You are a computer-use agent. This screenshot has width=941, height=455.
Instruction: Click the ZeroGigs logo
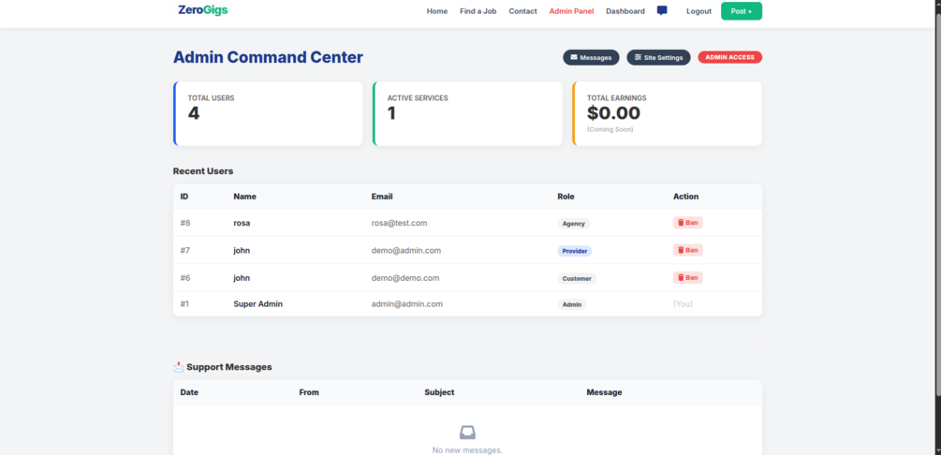202,10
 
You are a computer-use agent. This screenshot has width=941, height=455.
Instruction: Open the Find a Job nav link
478,11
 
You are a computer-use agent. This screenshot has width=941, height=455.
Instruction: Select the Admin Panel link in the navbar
571,11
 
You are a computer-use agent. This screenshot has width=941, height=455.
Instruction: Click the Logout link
698,11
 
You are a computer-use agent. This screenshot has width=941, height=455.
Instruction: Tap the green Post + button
741,11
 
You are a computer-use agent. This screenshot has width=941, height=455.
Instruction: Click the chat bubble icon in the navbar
662,10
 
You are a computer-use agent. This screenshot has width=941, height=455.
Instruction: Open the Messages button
591,57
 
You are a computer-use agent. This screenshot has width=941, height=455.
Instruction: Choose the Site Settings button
658,57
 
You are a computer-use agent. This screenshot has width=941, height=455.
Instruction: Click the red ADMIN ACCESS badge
729,57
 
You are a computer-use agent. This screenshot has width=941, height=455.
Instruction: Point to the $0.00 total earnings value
613,113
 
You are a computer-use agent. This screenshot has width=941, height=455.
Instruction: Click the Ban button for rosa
687,223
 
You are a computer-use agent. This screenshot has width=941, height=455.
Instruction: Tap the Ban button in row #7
687,250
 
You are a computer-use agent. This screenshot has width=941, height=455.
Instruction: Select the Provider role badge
575,251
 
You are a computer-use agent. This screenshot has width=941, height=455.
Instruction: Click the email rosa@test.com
399,223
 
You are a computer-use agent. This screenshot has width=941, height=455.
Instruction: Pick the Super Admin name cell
257,304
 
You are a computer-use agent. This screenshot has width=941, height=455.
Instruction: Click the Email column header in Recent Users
382,197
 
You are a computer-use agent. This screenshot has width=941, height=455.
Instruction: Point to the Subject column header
439,392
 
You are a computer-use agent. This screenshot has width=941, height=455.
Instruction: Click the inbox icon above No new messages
467,433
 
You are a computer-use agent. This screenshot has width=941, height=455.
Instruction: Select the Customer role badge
577,278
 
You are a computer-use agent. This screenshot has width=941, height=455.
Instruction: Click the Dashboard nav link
625,11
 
